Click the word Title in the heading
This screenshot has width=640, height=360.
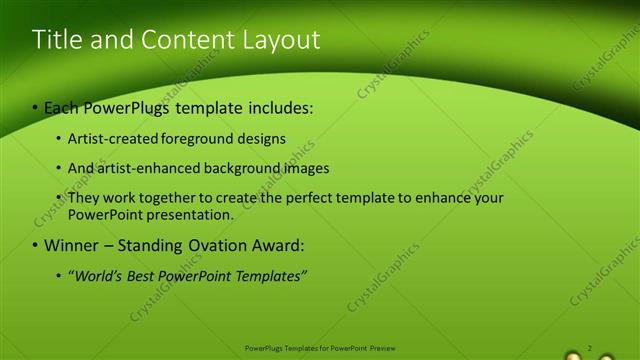coord(56,40)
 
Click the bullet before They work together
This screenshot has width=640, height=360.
coord(59,198)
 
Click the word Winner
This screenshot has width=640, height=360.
coord(70,245)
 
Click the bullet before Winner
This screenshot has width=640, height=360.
coord(36,245)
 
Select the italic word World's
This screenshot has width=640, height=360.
coord(94,275)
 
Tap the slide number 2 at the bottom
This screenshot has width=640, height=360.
coord(590,348)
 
